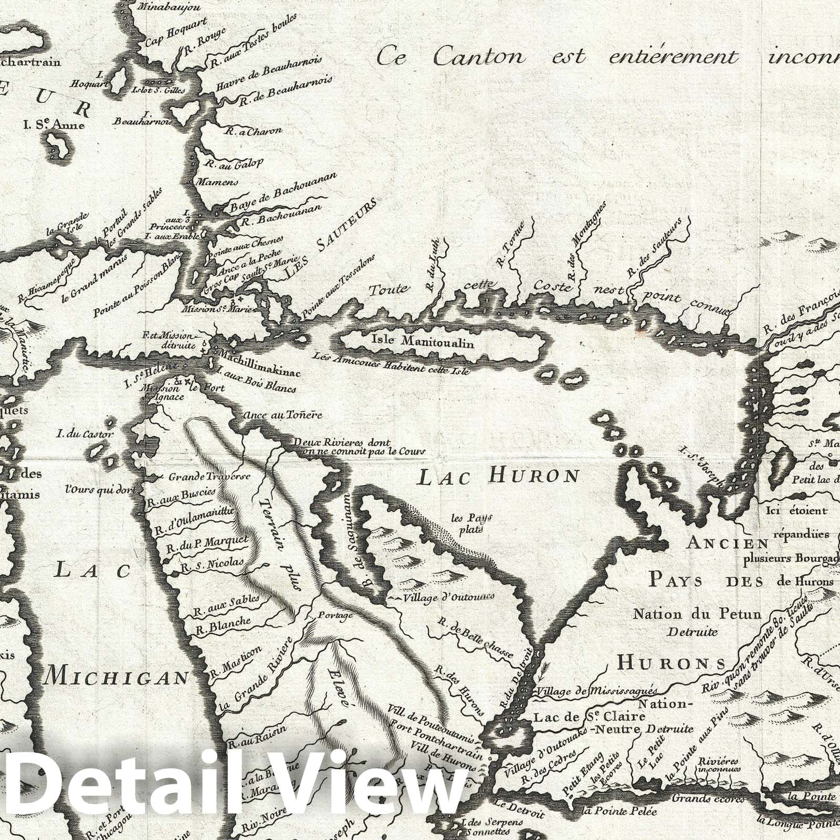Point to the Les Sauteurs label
tap(331, 239)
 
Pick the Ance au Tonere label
tap(282, 415)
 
